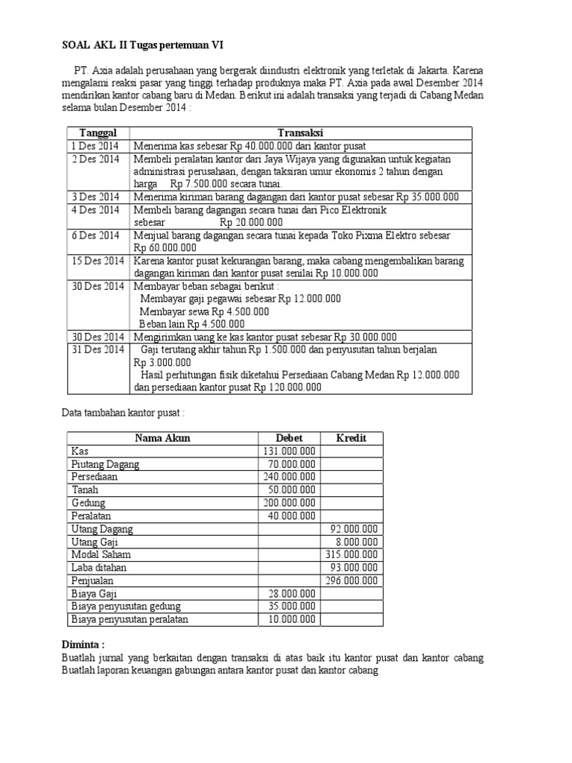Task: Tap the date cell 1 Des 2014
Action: coord(95,146)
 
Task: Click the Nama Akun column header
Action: coord(162,437)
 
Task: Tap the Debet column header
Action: coord(290,437)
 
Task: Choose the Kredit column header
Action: coord(352,437)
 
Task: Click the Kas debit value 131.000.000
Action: coord(290,451)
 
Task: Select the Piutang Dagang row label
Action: coord(105,464)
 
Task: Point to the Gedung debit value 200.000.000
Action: coord(290,503)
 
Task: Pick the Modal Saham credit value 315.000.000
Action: coord(352,554)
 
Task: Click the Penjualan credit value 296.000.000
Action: coord(352,580)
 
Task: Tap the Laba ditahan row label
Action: coord(100,568)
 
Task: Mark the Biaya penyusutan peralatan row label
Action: coord(130,619)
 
